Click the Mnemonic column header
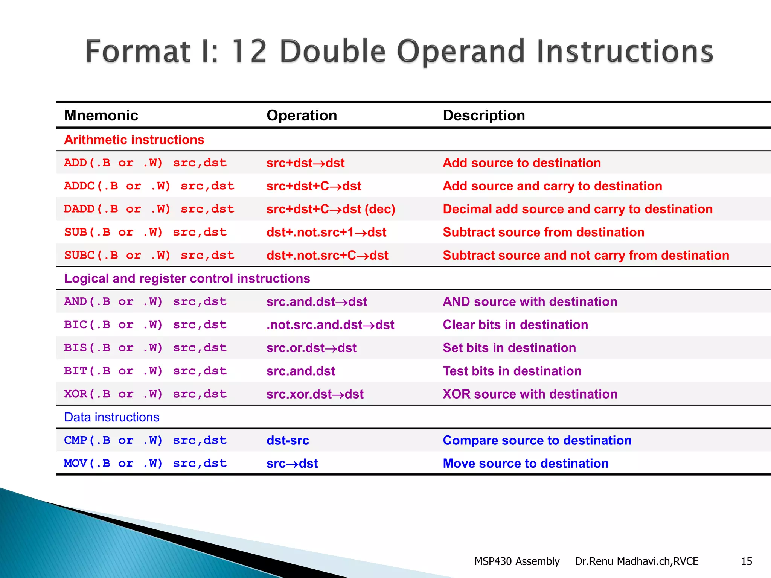pos(101,115)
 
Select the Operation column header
pos(302,115)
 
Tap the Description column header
pos(484,115)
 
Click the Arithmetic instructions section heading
pos(134,140)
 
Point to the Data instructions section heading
pos(112,417)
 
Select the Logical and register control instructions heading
pos(187,278)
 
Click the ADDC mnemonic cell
pos(149,186)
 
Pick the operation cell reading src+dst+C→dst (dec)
pos(331,209)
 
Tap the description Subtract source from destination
pos(543,232)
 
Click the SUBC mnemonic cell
pos(149,256)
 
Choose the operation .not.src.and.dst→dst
pos(330,325)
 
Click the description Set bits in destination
pos(509,348)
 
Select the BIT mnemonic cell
pos(145,371)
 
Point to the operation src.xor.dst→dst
pos(315,394)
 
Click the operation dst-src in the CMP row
pos(288,441)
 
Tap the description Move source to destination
pos(526,464)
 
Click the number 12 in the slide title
pos(249,52)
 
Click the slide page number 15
pos(746,561)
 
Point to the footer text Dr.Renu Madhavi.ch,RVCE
pos(636,561)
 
